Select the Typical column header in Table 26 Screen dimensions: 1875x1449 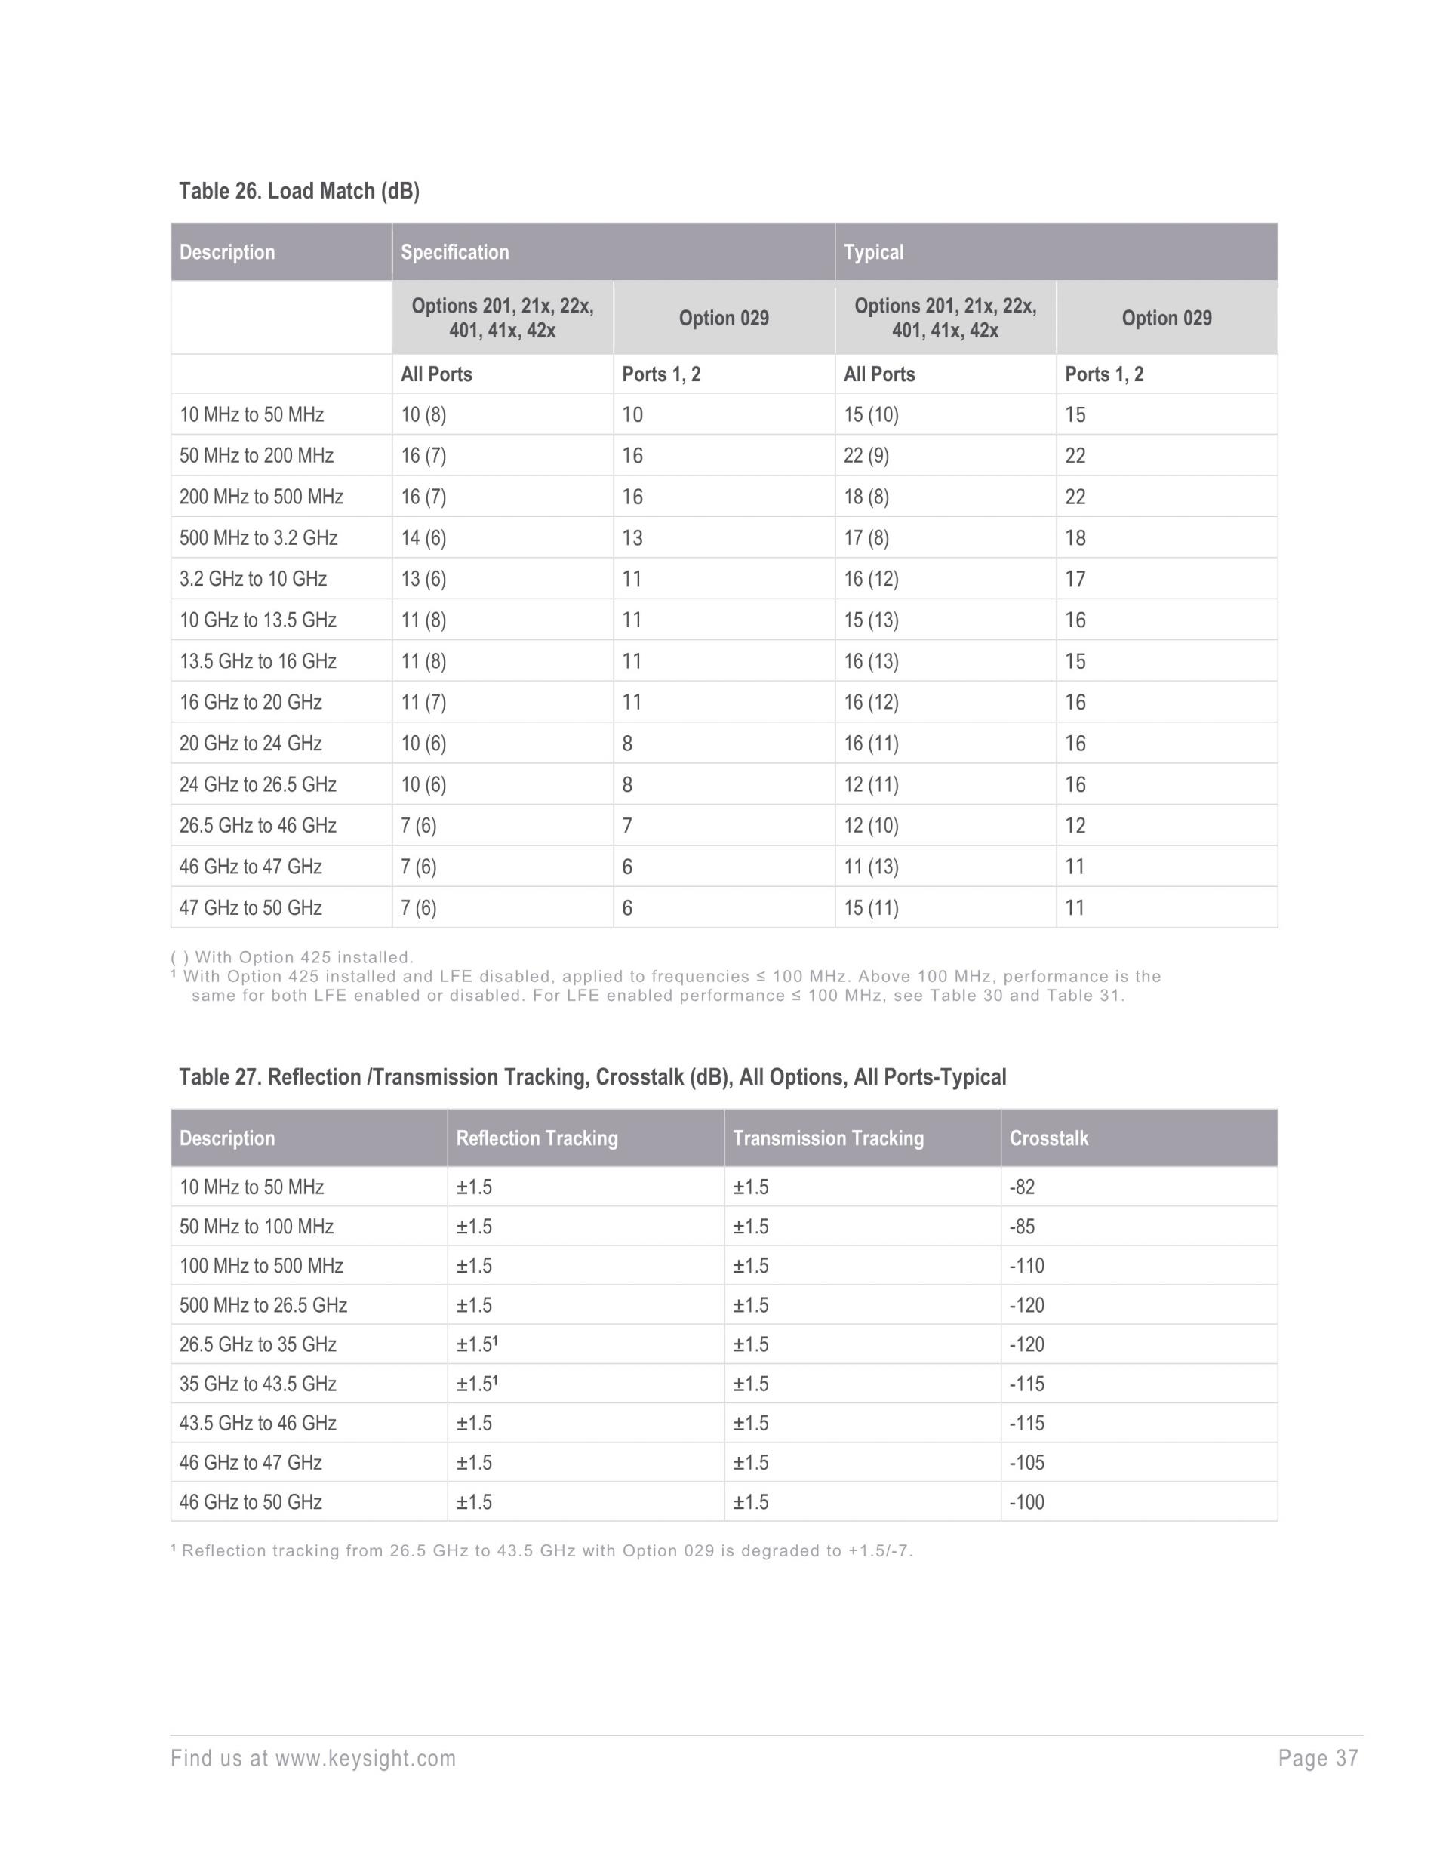(873, 252)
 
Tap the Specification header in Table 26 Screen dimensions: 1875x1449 (455, 252)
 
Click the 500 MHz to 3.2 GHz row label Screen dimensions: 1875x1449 (258, 538)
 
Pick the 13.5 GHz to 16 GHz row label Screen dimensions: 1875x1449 (257, 661)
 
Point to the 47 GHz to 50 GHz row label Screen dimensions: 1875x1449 (251, 907)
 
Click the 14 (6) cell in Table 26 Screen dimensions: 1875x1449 (423, 538)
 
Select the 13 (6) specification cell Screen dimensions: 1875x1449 (423, 579)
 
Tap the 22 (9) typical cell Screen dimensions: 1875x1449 (866, 456)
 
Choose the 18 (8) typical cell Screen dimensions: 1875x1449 (866, 497)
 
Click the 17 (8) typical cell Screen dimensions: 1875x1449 (866, 538)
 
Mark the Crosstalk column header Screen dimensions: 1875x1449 (1048, 1138)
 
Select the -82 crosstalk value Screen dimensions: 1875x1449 (1022, 1187)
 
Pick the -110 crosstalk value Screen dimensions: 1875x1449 (1026, 1267)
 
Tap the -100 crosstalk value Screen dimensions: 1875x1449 (1026, 1502)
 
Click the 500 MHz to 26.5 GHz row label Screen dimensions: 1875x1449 (263, 1306)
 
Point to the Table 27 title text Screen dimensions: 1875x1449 (592, 1077)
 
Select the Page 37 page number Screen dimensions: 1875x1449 (1318, 1759)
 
